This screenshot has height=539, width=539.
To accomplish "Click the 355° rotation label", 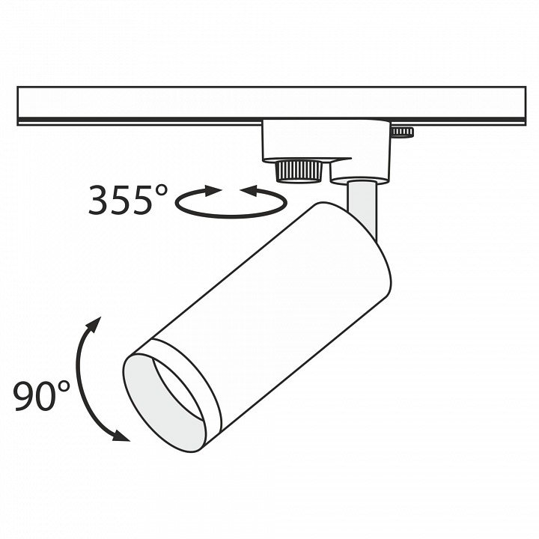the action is pyautogui.click(x=128, y=200).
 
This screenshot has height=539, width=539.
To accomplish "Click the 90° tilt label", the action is pyautogui.click(x=41, y=395).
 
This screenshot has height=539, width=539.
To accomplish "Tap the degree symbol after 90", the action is pyautogui.click(x=62, y=388).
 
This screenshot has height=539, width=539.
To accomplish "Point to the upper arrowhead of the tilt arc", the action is pyautogui.click(x=94, y=324).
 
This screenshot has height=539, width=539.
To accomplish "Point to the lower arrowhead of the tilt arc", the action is pyautogui.click(x=121, y=436).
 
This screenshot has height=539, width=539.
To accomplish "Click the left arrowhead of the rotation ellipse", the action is pyautogui.click(x=213, y=190).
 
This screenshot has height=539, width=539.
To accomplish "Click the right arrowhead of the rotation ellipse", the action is pyautogui.click(x=249, y=190).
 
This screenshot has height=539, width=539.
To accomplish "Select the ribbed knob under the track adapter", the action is pyautogui.click(x=299, y=170).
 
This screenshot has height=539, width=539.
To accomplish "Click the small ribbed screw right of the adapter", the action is pyautogui.click(x=402, y=132).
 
